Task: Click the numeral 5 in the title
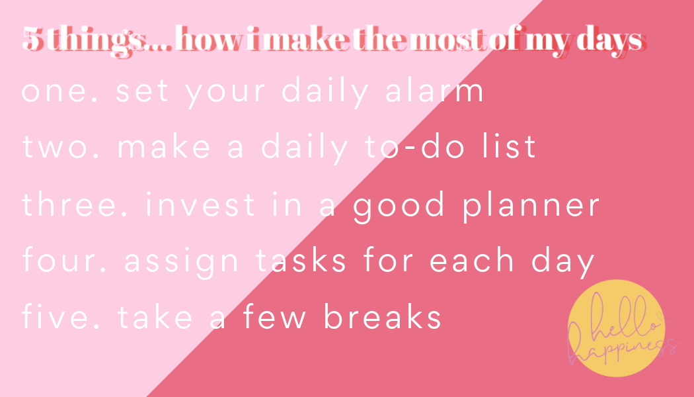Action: pos(33,38)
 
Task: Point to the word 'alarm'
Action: pos(435,91)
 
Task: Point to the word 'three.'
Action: pos(75,204)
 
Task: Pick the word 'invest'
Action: pos(200,204)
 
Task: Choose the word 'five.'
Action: pos(61,316)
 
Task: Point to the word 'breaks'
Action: pos(383,316)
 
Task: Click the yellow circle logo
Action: pos(616,328)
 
